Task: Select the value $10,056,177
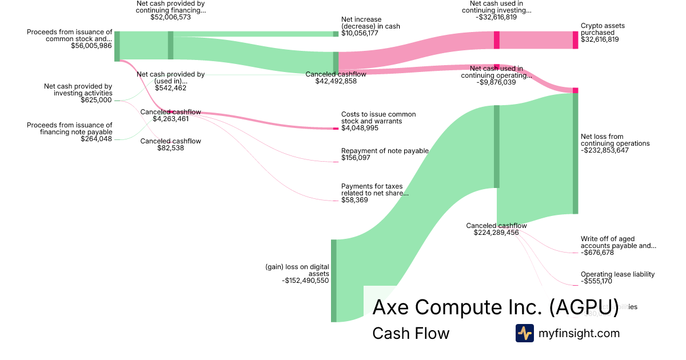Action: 360,33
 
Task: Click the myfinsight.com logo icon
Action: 525,333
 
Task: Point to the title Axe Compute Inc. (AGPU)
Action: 495,307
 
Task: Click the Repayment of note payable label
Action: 385,151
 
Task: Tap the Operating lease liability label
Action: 617,274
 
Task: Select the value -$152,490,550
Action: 305,281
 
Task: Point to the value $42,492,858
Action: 336,81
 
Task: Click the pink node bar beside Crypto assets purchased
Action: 575,40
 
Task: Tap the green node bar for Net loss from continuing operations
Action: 575,153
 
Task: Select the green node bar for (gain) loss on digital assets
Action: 334,281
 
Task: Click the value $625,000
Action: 97,100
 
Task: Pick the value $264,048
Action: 97,139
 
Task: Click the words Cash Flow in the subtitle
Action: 410,333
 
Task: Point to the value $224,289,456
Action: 496,233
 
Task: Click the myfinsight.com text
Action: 579,333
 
